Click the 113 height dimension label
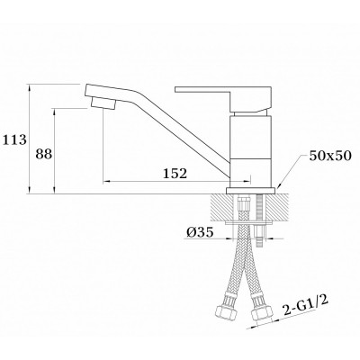14,139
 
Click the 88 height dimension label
44,154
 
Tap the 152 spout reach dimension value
175,174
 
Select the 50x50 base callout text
330,156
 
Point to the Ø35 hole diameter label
200,232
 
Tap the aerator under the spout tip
103,103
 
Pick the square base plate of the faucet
251,191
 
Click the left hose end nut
226,313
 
